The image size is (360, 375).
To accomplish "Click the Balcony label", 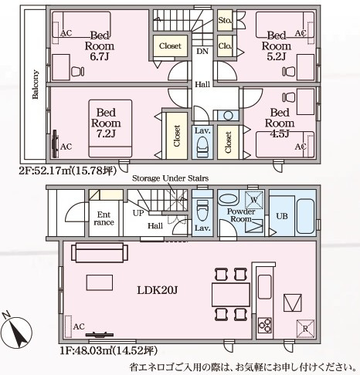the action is click(x=36, y=84).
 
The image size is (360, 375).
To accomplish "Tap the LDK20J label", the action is click(x=157, y=290).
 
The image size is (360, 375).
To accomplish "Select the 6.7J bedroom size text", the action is click(x=100, y=56).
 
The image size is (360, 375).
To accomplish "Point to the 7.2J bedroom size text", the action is click(x=106, y=133).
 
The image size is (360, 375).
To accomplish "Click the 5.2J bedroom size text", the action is click(x=277, y=56).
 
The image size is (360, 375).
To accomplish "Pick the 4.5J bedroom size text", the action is click(x=280, y=133).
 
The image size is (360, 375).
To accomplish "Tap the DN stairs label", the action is click(x=202, y=51).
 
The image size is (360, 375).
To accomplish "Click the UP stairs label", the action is click(x=138, y=213).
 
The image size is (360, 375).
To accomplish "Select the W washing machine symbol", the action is click(x=254, y=200).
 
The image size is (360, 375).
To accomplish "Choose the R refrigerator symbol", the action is click(x=305, y=329).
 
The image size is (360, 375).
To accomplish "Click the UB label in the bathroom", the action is click(x=282, y=216).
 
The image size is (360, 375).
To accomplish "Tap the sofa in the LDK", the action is click(x=100, y=252).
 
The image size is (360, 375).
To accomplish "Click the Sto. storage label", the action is click(x=225, y=20).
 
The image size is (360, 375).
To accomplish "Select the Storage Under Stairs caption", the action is click(x=170, y=178).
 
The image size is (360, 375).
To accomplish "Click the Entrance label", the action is click(x=104, y=218).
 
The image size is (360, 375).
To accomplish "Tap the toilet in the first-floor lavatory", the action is click(x=202, y=210).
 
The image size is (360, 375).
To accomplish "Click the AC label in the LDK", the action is click(x=79, y=326).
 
